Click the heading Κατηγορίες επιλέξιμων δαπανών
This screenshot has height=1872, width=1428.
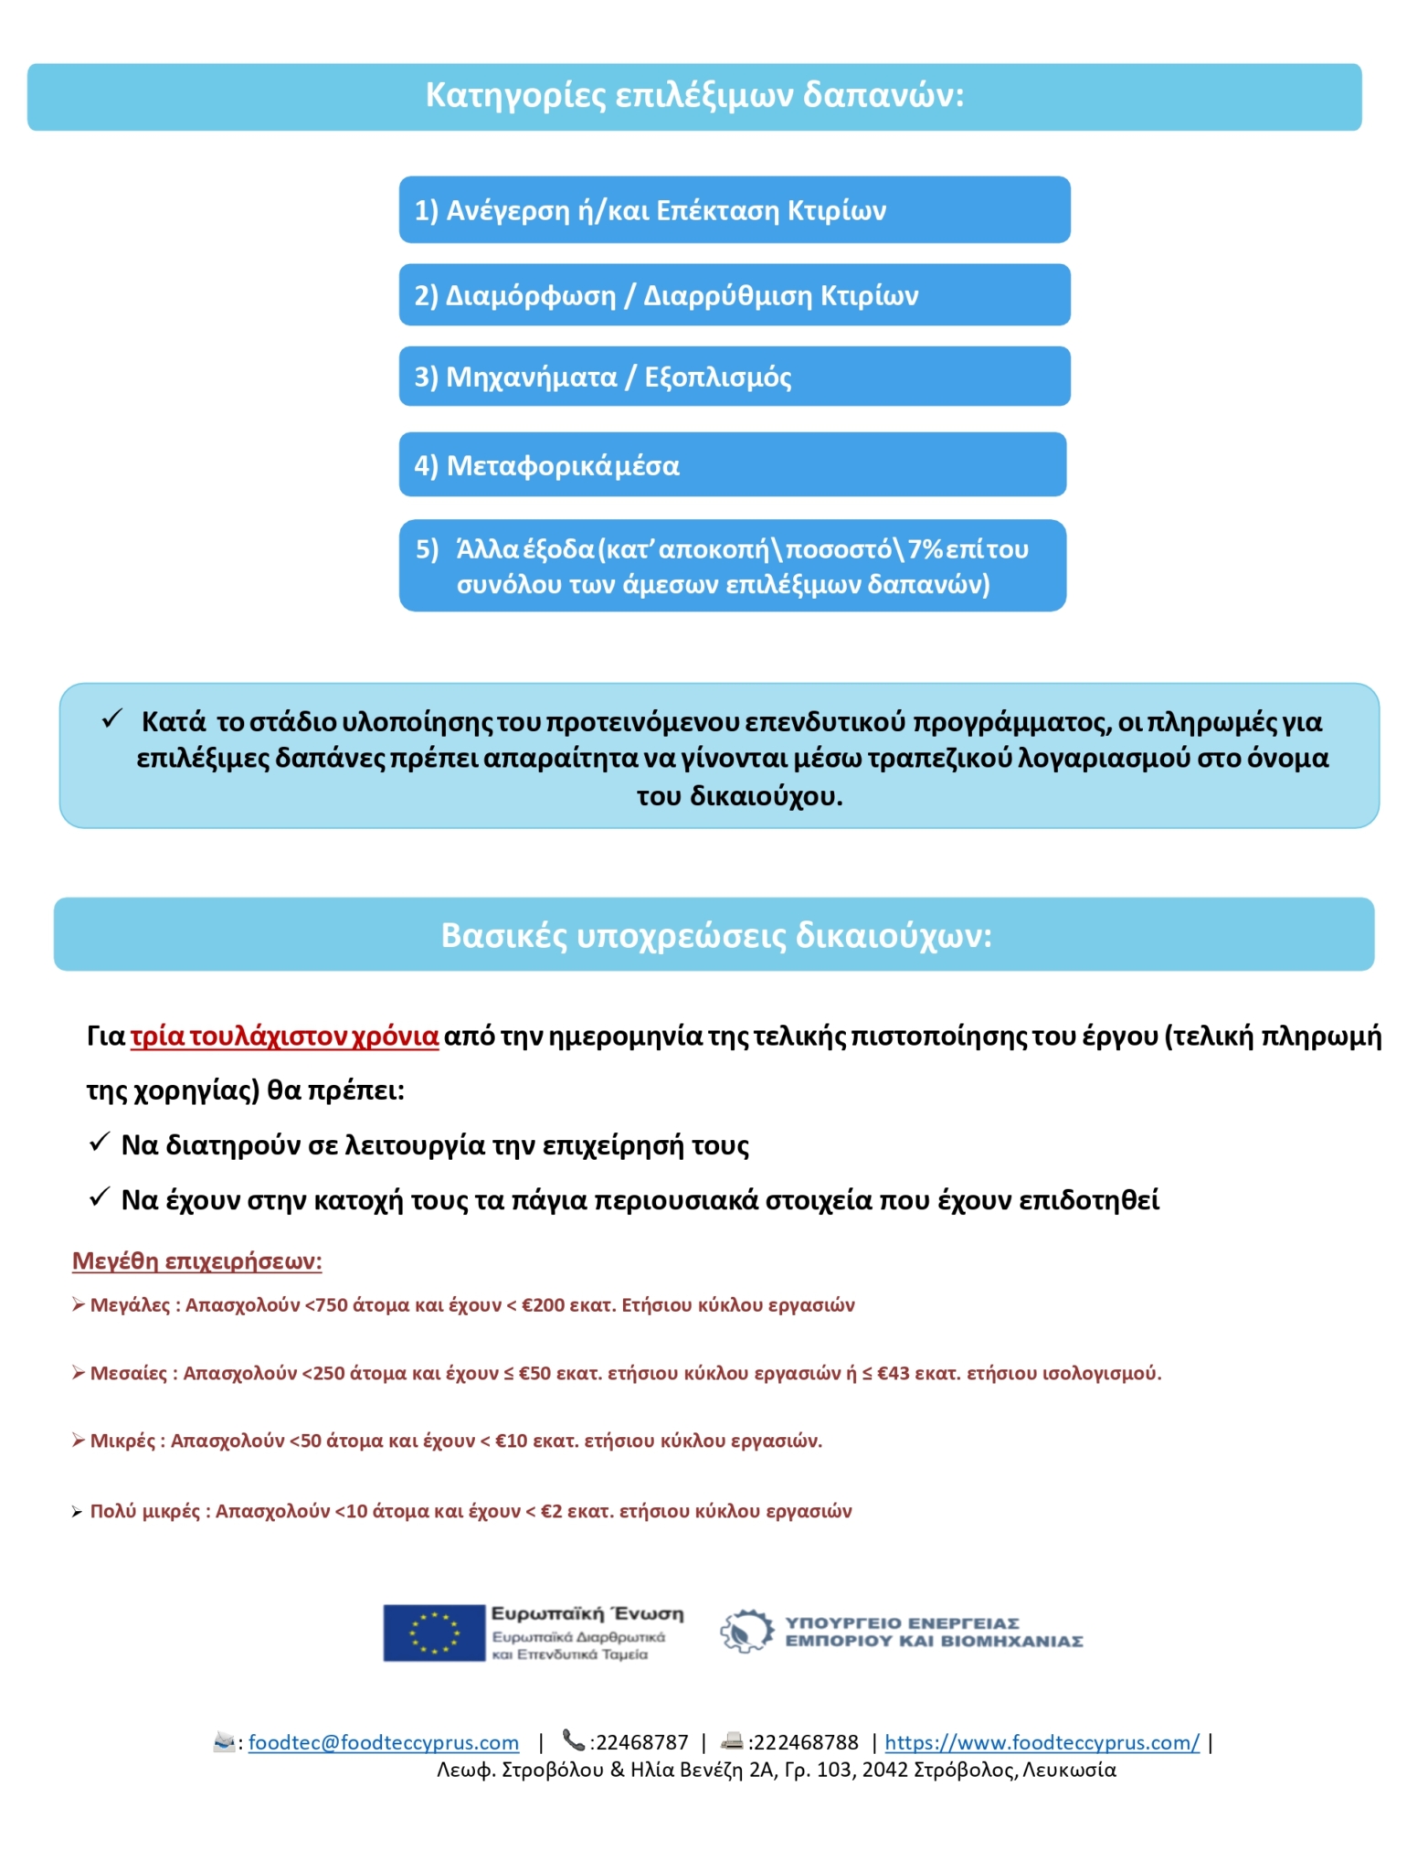click(x=694, y=95)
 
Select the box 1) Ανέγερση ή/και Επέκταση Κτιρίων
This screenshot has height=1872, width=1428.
click(x=734, y=210)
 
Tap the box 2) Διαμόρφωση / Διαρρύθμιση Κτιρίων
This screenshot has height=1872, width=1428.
click(x=734, y=295)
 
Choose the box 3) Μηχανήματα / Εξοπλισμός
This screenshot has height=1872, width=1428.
click(x=734, y=377)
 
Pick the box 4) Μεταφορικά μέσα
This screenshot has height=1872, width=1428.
click(x=732, y=465)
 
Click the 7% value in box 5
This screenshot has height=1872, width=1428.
click(x=926, y=548)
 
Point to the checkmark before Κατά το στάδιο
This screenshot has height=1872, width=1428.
click(x=112, y=719)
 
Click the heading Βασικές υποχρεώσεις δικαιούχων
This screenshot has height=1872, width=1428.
click(x=715, y=935)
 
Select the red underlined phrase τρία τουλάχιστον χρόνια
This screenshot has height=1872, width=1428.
click(x=284, y=1037)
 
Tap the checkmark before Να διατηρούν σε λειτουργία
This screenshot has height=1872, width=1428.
click(x=99, y=1143)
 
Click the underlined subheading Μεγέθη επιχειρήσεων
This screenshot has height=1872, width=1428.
click(x=196, y=1261)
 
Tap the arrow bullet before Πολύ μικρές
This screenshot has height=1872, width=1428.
click(x=77, y=1512)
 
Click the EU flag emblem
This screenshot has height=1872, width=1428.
click(x=433, y=1633)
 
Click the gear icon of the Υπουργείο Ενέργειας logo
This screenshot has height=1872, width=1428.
click(x=746, y=1632)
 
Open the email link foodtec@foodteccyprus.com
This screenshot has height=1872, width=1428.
click(x=383, y=1743)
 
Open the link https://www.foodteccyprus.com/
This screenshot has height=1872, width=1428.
click(x=1042, y=1743)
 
